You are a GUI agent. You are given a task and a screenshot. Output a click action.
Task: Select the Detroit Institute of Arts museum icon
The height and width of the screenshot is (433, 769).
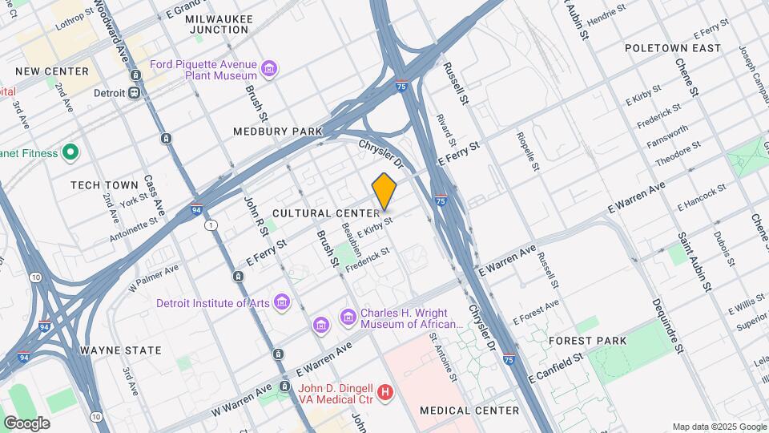coord(281,302)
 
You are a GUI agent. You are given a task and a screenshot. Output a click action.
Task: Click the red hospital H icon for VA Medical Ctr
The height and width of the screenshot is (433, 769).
coord(385,392)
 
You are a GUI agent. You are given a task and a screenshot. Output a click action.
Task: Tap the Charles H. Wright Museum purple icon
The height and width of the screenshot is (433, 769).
coord(348,318)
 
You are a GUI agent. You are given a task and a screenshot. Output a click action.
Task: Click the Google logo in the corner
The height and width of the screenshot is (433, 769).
coord(26,423)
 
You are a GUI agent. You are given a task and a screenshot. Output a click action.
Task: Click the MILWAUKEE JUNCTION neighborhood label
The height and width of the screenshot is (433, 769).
coord(217,24)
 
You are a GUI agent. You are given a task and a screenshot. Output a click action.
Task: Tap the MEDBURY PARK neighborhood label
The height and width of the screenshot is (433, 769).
coord(277,132)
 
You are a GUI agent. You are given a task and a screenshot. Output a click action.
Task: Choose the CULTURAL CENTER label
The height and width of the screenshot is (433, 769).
coord(325,213)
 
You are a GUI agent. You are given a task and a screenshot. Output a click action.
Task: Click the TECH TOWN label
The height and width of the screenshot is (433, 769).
coord(104,185)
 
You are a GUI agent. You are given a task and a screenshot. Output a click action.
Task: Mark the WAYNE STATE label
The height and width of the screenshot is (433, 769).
coord(121,350)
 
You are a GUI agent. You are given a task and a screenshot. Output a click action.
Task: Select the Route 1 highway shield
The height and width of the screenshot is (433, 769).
coord(211,226)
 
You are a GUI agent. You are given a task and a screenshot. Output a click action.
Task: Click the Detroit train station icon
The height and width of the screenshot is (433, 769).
coord(135,92)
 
